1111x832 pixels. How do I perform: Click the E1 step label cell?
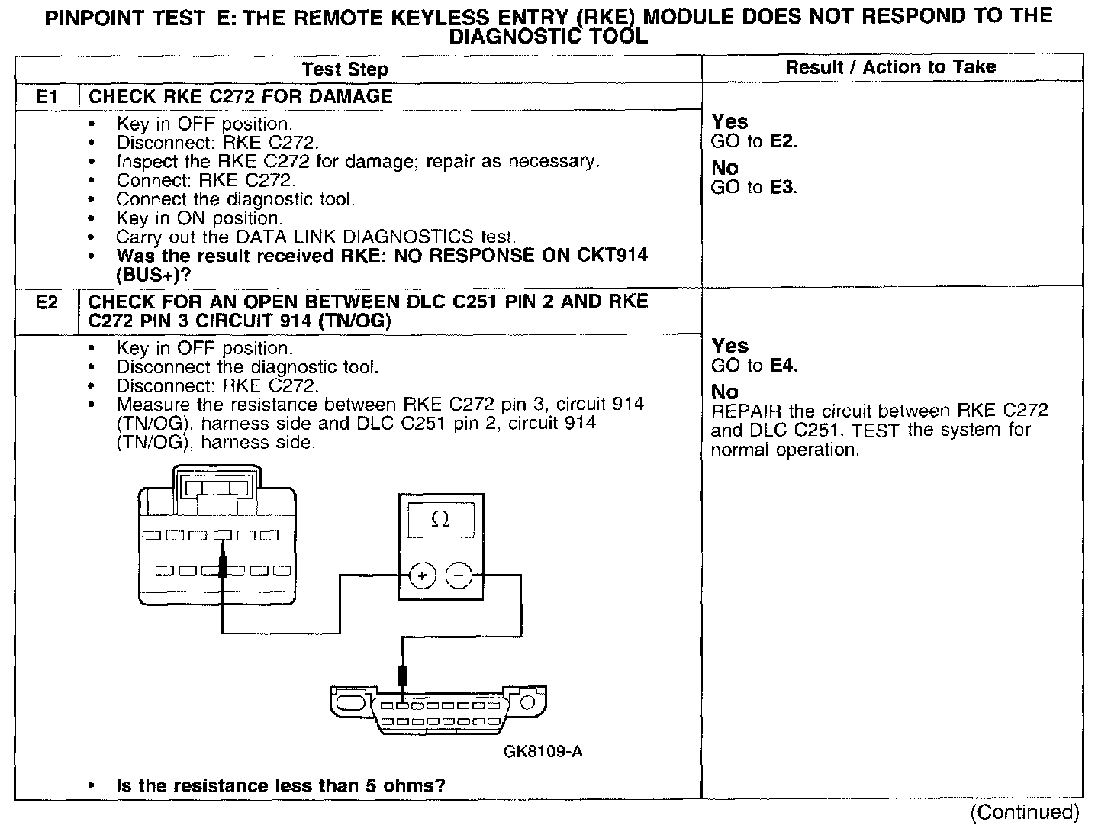tap(47, 97)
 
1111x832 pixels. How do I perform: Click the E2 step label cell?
tap(47, 302)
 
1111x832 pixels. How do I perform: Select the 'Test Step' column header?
tap(345, 69)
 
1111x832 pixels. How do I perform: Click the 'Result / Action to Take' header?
tap(890, 67)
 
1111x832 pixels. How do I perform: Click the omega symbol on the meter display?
tap(440, 520)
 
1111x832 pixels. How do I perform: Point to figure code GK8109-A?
tap(543, 752)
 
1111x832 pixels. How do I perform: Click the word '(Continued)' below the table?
tap(1025, 812)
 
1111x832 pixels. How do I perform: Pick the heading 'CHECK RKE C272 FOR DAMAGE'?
tap(240, 97)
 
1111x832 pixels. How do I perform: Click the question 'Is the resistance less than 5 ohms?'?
tap(281, 785)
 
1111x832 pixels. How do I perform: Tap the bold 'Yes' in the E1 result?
tap(729, 122)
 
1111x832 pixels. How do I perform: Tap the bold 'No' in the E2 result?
tap(725, 392)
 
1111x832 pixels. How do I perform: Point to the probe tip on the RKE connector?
tap(223, 566)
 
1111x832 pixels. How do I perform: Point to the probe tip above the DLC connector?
tap(403, 677)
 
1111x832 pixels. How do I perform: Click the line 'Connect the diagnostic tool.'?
tap(236, 200)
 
